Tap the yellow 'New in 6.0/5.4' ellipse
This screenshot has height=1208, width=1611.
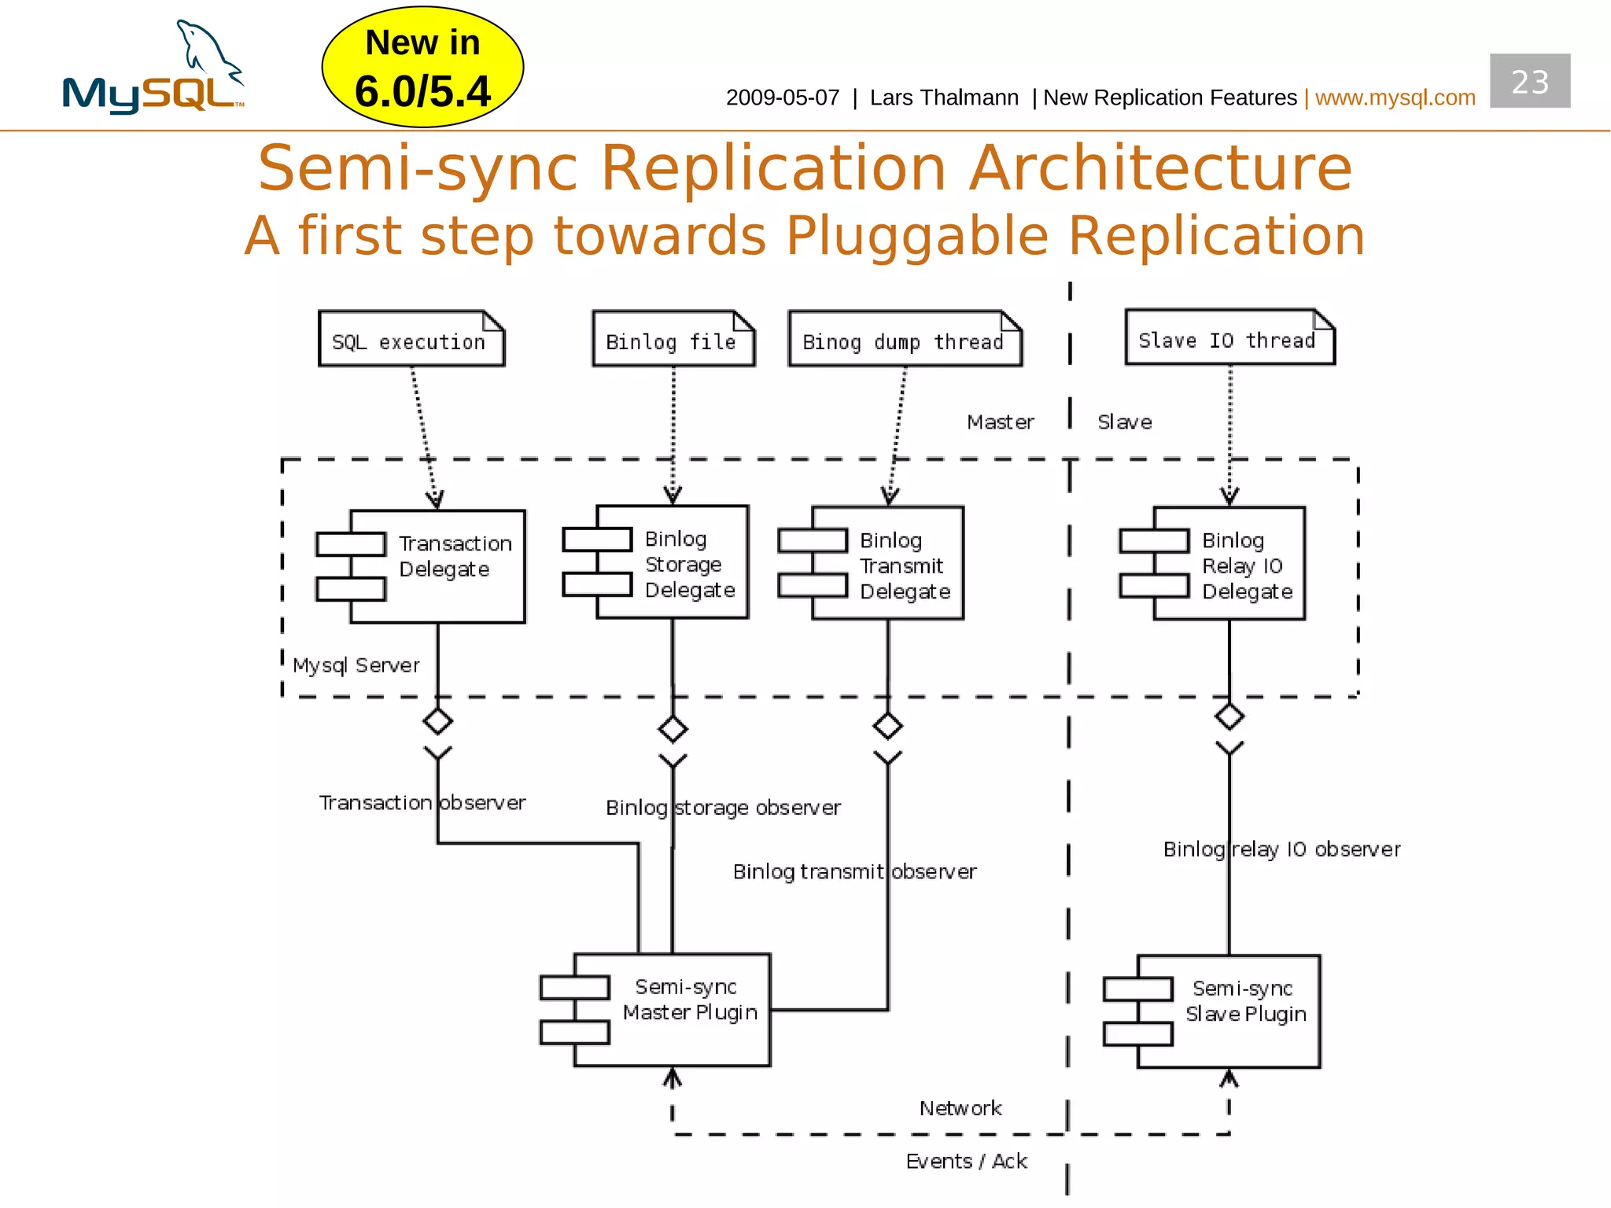pyautogui.click(x=422, y=68)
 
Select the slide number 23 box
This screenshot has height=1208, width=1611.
pyautogui.click(x=1529, y=81)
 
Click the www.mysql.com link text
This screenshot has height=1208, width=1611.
pyautogui.click(x=1395, y=98)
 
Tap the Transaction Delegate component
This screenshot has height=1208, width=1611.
pyautogui.click(x=437, y=566)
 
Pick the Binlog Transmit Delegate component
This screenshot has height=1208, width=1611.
pyautogui.click(x=887, y=564)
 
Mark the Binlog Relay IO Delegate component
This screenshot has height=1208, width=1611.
pyautogui.click(x=1228, y=564)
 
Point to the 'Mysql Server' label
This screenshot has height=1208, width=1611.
pyautogui.click(x=356, y=665)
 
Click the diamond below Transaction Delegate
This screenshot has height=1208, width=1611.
pyautogui.click(x=437, y=720)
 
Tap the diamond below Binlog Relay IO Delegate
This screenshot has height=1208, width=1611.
pyautogui.click(x=1229, y=716)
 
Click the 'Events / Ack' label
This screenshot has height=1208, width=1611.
pyautogui.click(x=966, y=1161)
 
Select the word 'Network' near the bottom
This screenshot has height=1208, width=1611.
pyautogui.click(x=960, y=1108)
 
